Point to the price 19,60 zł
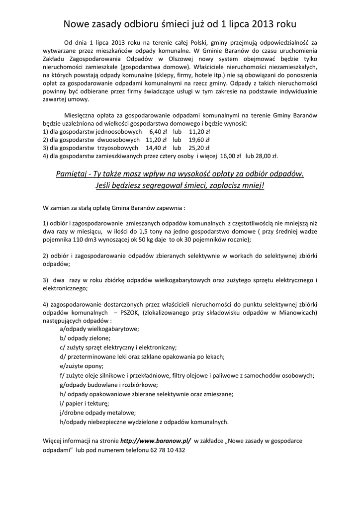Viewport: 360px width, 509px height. [x=199, y=140]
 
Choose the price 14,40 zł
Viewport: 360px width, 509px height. [x=155, y=148]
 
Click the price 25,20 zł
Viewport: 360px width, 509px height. [x=199, y=148]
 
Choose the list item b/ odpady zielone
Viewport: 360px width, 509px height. [x=85, y=338]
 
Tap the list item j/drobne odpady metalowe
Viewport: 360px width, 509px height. [x=97, y=412]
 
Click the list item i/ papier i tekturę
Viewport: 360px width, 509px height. [x=84, y=403]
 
